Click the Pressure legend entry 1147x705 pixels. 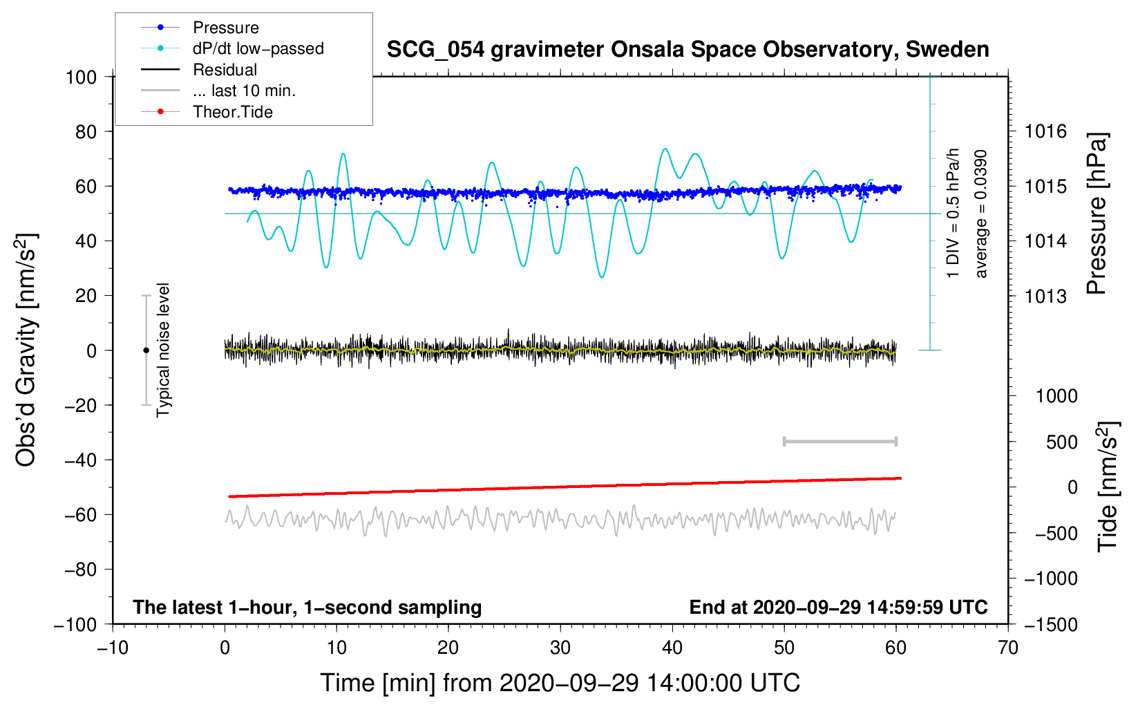[x=225, y=28]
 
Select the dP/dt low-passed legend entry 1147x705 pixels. [x=258, y=48]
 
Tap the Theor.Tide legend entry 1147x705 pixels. [x=232, y=112]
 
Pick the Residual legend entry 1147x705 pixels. [x=225, y=70]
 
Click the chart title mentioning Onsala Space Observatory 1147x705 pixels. [x=688, y=50]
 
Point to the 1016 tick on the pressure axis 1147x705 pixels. [x=1045, y=131]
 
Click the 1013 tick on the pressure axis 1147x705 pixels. [x=1045, y=297]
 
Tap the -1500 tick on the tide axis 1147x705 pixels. [x=1050, y=625]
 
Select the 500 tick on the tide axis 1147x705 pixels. [x=1062, y=442]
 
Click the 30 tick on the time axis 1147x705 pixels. [x=560, y=648]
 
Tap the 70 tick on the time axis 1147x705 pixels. [x=1008, y=648]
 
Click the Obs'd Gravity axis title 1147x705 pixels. [x=26, y=350]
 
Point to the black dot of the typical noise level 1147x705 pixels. [x=146, y=350]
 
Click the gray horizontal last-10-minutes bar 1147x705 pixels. [x=840, y=442]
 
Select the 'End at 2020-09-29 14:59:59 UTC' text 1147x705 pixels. [x=838, y=608]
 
